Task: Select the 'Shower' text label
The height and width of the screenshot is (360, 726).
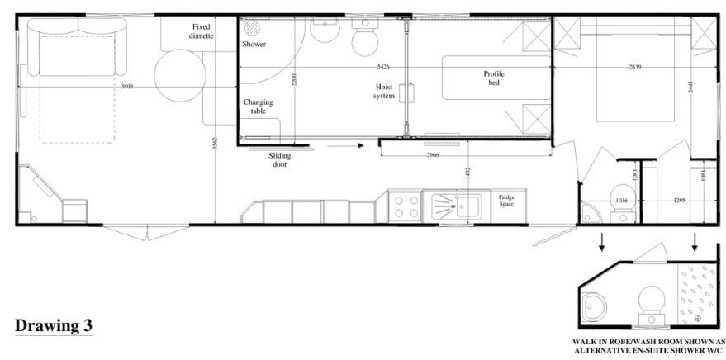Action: (x=254, y=44)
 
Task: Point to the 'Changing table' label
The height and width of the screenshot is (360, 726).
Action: (x=258, y=107)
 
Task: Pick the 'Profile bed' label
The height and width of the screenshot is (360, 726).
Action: (x=494, y=78)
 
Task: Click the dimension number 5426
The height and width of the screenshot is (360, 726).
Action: (x=383, y=66)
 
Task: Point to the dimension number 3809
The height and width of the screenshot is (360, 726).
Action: (x=126, y=86)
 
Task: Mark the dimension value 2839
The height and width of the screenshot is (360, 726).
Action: (x=635, y=66)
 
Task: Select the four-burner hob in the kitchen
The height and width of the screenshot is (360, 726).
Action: (x=405, y=206)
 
